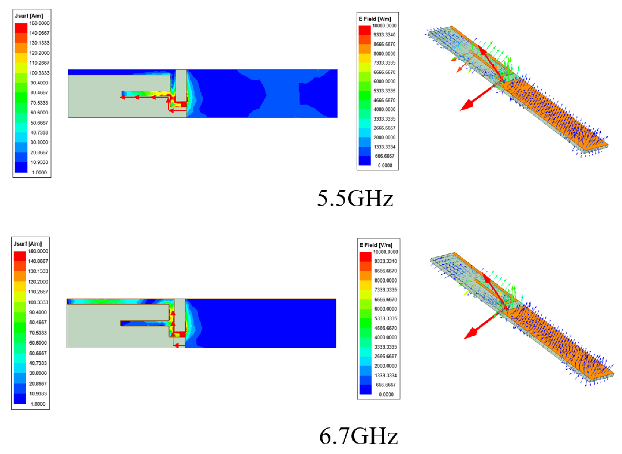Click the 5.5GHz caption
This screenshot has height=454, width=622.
(355, 198)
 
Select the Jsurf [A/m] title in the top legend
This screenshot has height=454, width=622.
(29, 16)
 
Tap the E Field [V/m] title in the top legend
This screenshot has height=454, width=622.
(375, 19)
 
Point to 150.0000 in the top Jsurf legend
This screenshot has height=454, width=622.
(39, 23)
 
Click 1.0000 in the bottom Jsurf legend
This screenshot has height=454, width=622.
(38, 404)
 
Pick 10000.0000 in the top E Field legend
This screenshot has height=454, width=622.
(384, 25)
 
